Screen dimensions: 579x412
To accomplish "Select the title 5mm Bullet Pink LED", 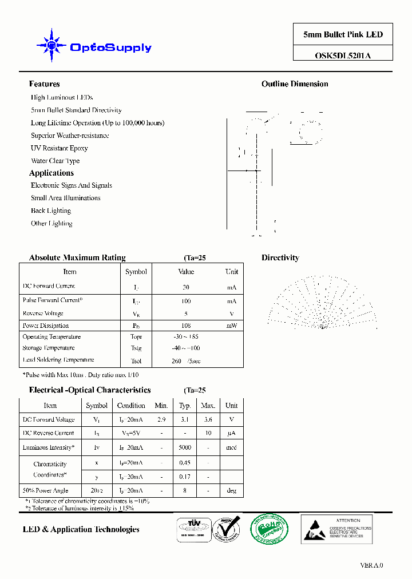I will coord(343,34).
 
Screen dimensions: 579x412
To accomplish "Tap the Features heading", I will coord(44,84).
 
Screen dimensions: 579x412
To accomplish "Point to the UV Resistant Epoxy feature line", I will coord(59,148).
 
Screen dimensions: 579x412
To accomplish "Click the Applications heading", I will coord(51,173).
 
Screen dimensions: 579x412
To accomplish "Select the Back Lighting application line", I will coord(51,211).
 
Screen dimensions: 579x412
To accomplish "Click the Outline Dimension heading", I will coord(295,84).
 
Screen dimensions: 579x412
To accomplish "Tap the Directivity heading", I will coord(280,258).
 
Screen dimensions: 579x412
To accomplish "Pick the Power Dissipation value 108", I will coord(186,326).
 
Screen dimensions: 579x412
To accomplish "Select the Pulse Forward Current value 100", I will coord(186,301).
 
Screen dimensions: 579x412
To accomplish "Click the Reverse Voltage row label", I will coord(43,314).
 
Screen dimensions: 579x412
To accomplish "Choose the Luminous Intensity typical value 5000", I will coord(185,447).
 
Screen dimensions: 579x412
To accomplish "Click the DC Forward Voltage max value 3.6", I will coord(208,419).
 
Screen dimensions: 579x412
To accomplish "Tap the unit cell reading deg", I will coord(231,490).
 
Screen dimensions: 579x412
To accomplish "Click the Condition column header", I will coord(131,406).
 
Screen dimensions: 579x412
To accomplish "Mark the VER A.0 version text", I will coord(371,565).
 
